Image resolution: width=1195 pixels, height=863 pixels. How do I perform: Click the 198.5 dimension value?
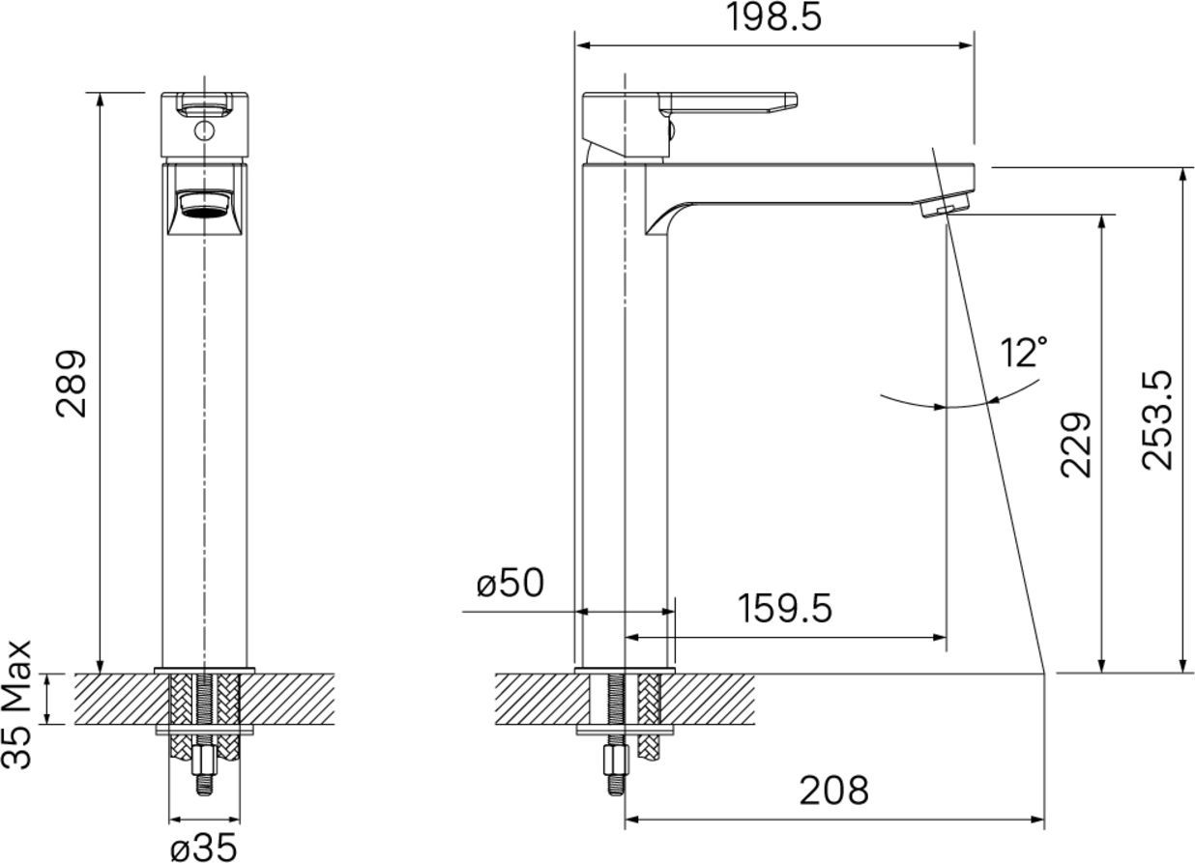point(773,18)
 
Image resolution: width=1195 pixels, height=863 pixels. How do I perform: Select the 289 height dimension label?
point(71,384)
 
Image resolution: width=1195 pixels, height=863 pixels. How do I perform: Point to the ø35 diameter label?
point(204,846)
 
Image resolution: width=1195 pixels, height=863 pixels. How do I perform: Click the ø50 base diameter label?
point(510,583)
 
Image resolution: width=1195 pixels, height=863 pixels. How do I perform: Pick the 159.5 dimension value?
point(785,609)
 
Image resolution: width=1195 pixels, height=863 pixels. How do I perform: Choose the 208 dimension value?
point(833,791)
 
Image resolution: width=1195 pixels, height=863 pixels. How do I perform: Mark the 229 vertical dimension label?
point(1075,445)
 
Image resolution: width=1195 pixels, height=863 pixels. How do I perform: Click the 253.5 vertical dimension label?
point(1156,420)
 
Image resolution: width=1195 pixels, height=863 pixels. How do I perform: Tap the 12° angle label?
point(1024,352)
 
